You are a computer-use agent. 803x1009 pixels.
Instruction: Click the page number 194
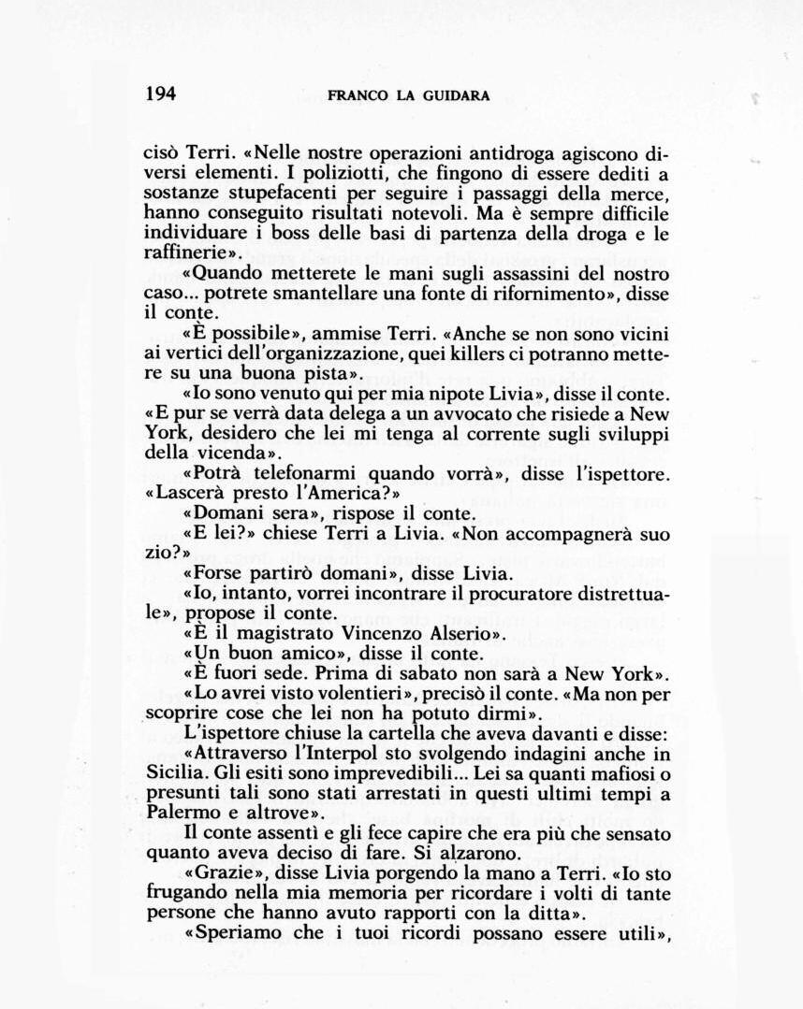click(x=161, y=94)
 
